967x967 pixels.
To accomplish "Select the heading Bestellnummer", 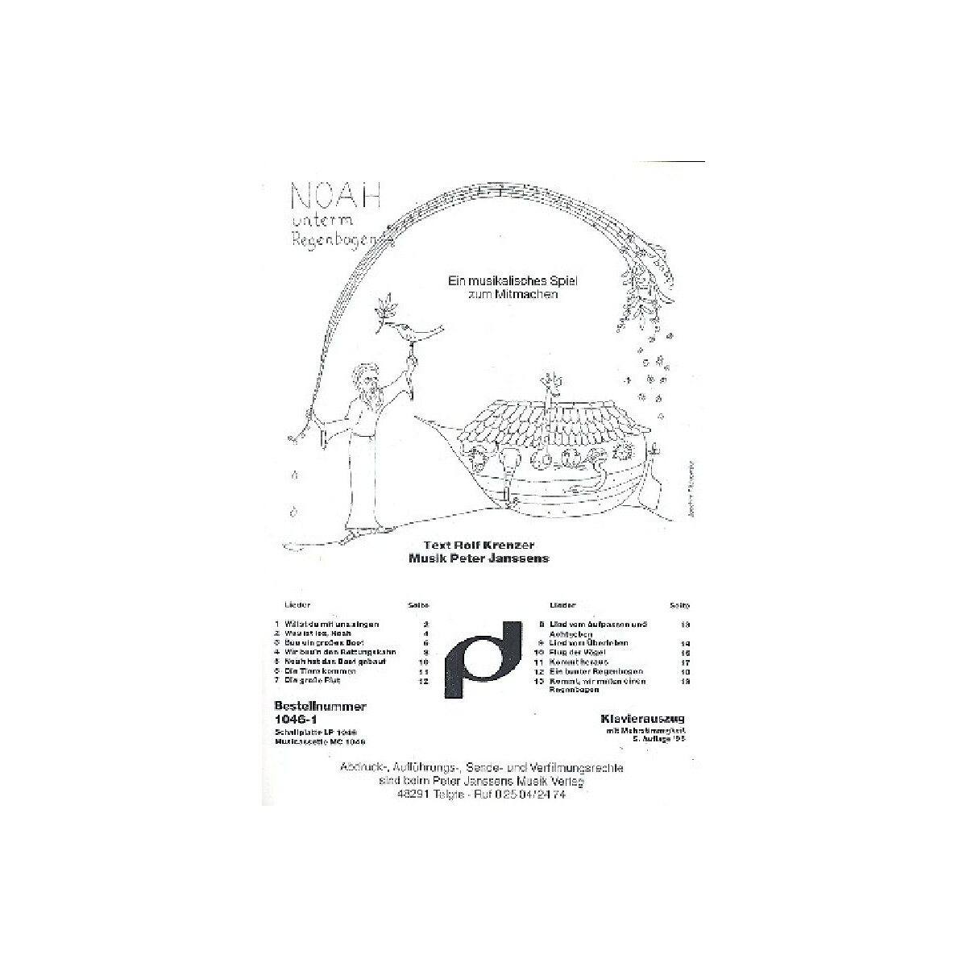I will pyautogui.click(x=321, y=706).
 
